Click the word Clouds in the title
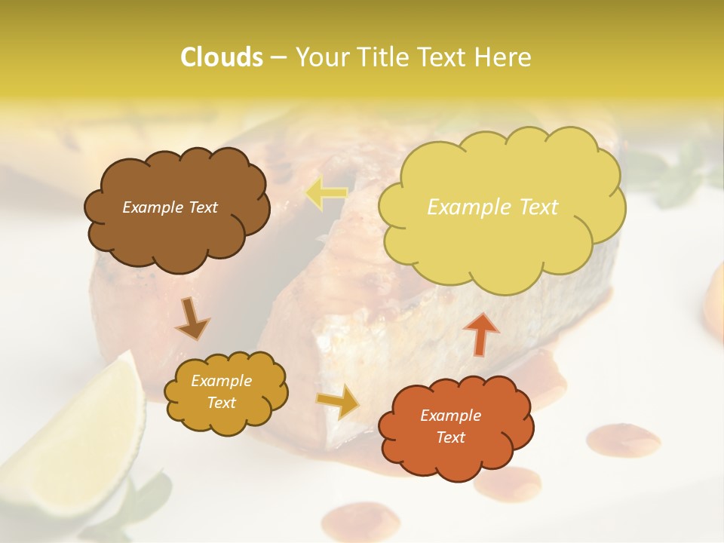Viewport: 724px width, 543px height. pyautogui.click(x=221, y=57)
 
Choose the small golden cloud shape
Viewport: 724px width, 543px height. pyautogui.click(x=225, y=392)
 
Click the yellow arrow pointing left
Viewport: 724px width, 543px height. pyautogui.click(x=326, y=194)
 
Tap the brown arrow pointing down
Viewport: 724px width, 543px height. pyautogui.click(x=193, y=318)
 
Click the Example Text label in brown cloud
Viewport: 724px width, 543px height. pyautogui.click(x=170, y=207)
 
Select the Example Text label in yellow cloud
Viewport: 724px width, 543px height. pyautogui.click(x=492, y=207)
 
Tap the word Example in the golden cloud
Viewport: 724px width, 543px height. pyautogui.click(x=221, y=381)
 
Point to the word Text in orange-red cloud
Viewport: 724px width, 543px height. pyautogui.click(x=450, y=437)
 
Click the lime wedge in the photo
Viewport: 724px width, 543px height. pyautogui.click(x=83, y=430)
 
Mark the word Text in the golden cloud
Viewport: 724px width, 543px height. pyautogui.click(x=221, y=403)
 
